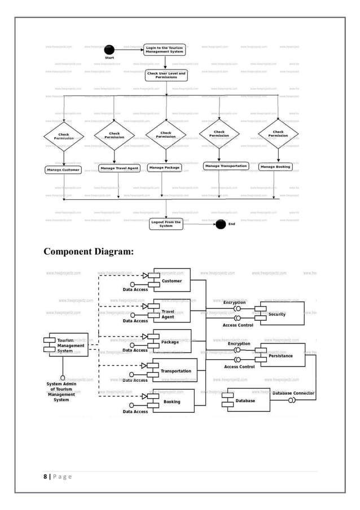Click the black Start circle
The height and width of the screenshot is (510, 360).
109,50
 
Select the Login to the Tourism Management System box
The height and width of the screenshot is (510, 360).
164,50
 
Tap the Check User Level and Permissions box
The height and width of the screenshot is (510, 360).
166,75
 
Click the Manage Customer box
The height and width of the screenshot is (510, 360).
63,169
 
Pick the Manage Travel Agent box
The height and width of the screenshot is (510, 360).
119,168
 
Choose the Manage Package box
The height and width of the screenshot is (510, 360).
165,168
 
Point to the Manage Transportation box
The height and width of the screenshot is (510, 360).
226,166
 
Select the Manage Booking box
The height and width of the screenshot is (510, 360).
275,167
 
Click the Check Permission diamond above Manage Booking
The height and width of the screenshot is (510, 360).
278,134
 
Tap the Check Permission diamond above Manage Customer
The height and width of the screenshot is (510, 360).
64,136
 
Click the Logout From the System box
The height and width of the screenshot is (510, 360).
166,224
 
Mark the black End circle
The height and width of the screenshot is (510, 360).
221,224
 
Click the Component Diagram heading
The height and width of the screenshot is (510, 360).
89,251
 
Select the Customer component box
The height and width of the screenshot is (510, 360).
172,281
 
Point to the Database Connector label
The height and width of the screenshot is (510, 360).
293,393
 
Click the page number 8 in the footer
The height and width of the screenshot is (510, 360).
45,477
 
